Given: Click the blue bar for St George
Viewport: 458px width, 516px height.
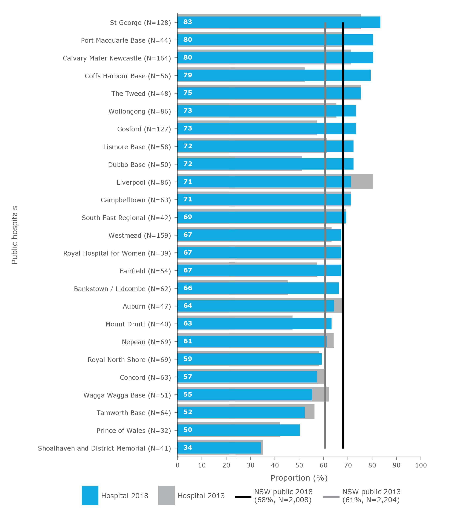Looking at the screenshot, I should point(277,22).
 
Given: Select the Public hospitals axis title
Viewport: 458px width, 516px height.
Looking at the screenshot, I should point(15,235).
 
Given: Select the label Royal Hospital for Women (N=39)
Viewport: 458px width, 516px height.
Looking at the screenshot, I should point(117,253).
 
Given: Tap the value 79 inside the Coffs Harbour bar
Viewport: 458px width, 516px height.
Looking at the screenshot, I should point(188,75).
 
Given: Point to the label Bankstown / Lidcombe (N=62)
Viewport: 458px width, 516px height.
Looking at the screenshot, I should point(122,289).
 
